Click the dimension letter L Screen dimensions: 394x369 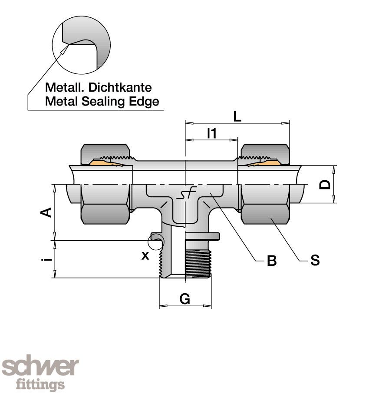point(237,116)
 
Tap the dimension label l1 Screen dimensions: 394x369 point(211,133)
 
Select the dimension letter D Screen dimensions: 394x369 point(324,185)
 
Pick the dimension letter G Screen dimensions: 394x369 point(185,299)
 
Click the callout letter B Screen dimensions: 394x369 point(271,261)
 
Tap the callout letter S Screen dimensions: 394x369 point(315,261)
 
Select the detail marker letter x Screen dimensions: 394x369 point(145,255)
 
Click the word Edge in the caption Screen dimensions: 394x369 point(146,102)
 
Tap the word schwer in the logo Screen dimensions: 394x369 point(40,368)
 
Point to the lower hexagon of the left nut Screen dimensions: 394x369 point(106,214)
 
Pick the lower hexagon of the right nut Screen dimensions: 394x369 point(265,214)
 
